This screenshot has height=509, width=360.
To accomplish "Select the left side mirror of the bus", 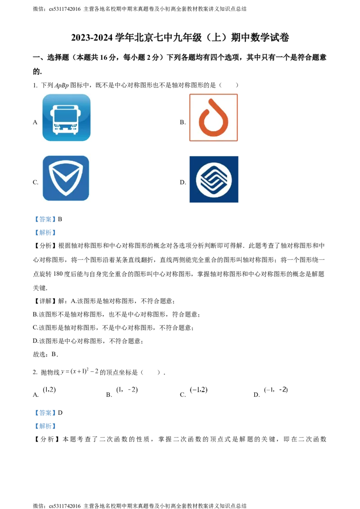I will click(51, 112).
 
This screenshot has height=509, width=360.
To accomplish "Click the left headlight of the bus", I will click(56, 126).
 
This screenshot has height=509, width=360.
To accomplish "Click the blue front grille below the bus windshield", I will click(66, 127).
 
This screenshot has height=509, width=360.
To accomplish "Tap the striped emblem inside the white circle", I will click(214, 180).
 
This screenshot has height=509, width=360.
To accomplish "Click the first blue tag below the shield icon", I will click(45, 219).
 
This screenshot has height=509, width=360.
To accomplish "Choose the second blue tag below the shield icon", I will click(45, 232).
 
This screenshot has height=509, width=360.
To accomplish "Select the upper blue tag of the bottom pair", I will click(45, 412).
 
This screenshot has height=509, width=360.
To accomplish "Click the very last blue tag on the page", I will click(45, 426).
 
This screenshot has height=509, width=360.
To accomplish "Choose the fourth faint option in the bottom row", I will click(275, 390).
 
